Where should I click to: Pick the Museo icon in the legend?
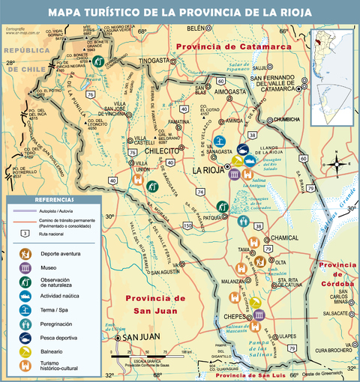(x=25, y=267)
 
